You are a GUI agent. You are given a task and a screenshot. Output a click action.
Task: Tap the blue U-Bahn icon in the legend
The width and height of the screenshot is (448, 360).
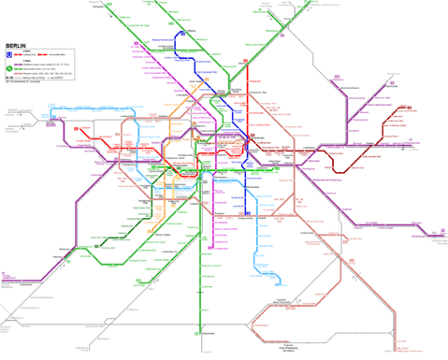(x=8, y=54)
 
